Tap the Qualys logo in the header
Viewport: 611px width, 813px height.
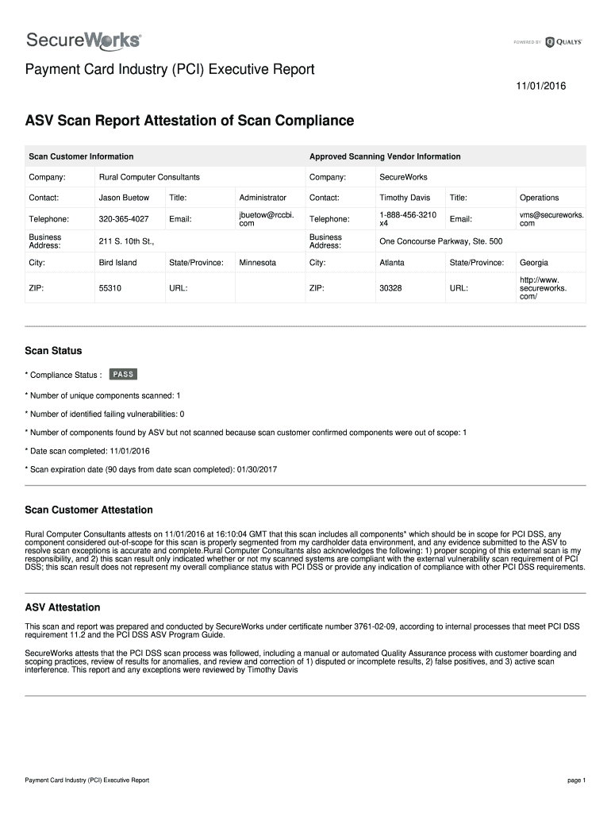pos(564,42)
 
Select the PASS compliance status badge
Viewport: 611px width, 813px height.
pos(123,374)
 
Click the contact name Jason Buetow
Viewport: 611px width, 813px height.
pos(124,198)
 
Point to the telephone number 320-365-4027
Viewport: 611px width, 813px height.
pos(124,219)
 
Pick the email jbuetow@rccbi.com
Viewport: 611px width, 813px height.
pos(260,219)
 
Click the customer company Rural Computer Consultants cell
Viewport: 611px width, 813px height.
pos(149,176)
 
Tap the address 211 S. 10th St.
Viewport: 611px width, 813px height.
pos(126,241)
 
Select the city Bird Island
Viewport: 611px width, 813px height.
pos(117,263)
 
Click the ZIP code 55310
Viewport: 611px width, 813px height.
pos(110,288)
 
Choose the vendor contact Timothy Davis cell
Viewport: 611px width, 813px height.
pos(405,198)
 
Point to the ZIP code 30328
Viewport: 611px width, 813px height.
pos(391,288)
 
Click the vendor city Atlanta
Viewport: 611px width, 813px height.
pos(392,263)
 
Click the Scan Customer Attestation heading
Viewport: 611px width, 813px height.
pos(89,510)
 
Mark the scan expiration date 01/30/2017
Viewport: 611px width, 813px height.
pos(256,469)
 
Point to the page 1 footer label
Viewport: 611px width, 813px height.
pos(576,780)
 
